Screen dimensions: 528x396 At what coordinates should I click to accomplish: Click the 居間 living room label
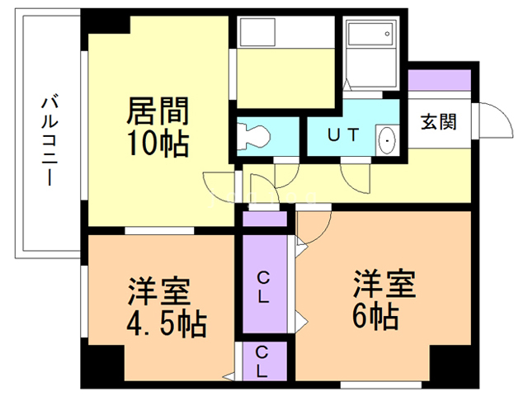point(158,111)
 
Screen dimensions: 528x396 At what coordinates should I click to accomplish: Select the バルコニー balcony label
point(49,141)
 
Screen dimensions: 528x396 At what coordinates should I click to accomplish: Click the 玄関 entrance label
point(438,121)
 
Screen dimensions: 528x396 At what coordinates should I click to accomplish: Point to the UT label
point(343,135)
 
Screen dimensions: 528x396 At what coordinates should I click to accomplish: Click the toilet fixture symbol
point(253,136)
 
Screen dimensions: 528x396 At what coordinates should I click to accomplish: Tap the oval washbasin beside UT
point(387,140)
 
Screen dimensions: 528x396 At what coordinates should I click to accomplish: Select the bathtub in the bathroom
point(370,34)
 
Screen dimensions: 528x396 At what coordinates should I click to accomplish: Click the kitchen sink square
point(257,32)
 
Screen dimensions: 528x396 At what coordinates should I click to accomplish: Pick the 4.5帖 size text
point(167,324)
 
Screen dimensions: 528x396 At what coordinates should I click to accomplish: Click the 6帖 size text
point(375,318)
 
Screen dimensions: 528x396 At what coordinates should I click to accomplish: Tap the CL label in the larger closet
point(263,287)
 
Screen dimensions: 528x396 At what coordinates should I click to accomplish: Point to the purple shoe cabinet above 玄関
point(439,80)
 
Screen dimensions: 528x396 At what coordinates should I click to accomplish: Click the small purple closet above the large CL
point(265,219)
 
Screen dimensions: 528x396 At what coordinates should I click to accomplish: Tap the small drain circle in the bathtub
point(387,34)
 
